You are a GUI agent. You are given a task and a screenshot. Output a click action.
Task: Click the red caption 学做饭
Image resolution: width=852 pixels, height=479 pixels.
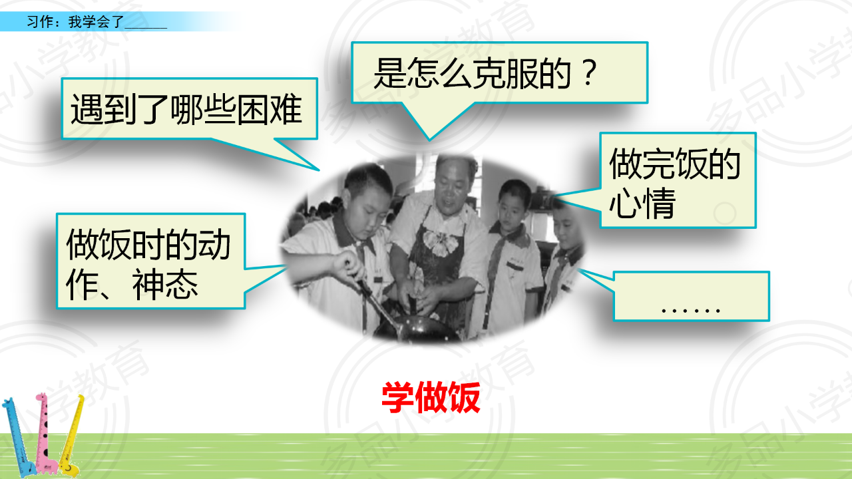pyautogui.click(x=431, y=397)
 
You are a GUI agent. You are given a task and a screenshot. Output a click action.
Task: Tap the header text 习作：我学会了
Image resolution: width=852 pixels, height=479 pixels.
pyautogui.click(x=75, y=22)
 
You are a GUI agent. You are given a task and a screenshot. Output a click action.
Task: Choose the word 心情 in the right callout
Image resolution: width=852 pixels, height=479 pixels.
pyautogui.click(x=642, y=203)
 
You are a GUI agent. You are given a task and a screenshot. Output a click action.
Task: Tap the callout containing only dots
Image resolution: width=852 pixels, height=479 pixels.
pyautogui.click(x=692, y=296)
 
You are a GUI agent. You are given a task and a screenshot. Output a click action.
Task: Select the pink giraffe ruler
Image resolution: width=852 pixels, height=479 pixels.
pyautogui.click(x=46, y=433)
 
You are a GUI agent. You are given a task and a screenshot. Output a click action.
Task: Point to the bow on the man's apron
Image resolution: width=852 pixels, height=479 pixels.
pyautogui.click(x=441, y=241)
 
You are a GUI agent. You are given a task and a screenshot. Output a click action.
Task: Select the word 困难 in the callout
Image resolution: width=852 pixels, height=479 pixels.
pyautogui.click(x=269, y=109)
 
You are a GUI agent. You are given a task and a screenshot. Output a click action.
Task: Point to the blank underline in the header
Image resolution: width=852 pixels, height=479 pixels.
pyautogui.click(x=146, y=28)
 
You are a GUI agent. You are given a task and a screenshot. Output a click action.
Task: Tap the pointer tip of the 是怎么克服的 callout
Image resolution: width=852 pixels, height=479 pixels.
pyautogui.click(x=430, y=140)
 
